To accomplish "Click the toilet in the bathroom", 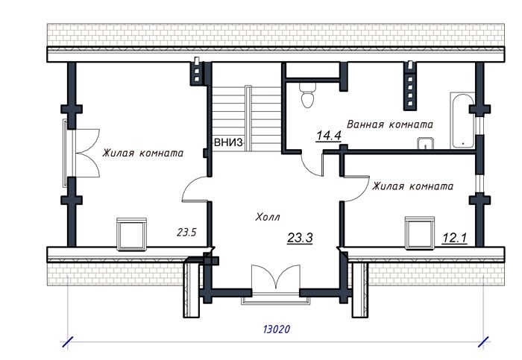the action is (x=307, y=95).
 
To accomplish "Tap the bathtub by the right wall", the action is (x=462, y=121).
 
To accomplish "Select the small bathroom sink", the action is (x=426, y=144).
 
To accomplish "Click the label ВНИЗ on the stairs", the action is (x=228, y=143).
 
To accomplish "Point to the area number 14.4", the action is (x=329, y=136).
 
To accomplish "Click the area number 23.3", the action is (x=300, y=238).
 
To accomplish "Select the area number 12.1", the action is (x=454, y=238).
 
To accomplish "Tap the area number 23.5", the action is (x=186, y=233).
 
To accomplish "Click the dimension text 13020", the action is (x=277, y=329).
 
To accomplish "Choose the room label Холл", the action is (x=268, y=217).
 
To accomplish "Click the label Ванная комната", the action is (x=390, y=124).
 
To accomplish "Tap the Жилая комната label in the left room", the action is (x=142, y=153).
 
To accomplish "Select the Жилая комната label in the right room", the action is (x=412, y=186).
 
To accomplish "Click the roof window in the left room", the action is (x=132, y=234).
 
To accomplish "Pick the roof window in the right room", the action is (x=420, y=233).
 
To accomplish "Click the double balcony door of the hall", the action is (x=276, y=277).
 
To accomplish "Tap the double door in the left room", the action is (x=86, y=153).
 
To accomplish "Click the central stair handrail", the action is (x=248, y=118).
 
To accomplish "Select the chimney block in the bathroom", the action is (x=410, y=86).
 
